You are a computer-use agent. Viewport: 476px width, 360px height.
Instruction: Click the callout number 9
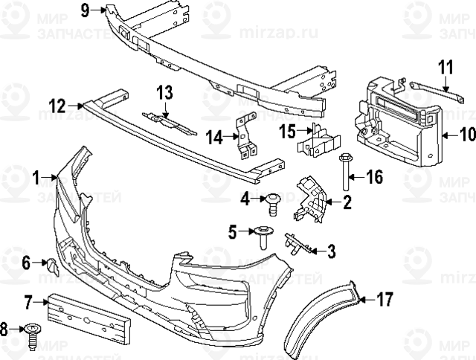pos(84,10)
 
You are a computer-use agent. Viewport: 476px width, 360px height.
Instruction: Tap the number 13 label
pos(164,92)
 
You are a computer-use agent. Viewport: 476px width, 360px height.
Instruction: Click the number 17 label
pos(385,300)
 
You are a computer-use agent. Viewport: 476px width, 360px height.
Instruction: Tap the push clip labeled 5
pos(265,237)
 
